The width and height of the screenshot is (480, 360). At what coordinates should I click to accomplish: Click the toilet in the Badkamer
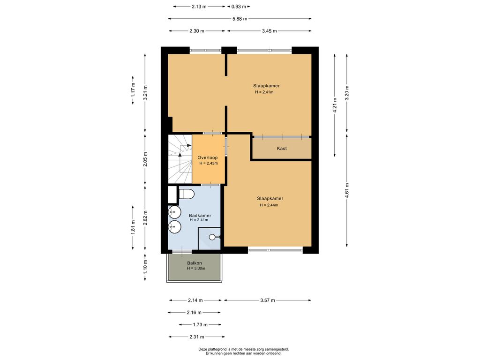click(x=187, y=194)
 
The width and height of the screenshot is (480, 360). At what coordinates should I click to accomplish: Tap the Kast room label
click(x=282, y=149)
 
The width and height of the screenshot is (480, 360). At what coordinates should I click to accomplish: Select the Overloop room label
click(x=208, y=157)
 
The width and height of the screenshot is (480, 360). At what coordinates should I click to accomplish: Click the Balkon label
click(x=195, y=263)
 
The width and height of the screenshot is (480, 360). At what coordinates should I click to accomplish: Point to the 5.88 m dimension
click(x=240, y=19)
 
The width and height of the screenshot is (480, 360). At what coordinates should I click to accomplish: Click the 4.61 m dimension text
click(x=347, y=190)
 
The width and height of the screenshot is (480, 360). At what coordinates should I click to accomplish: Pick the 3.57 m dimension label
click(x=268, y=300)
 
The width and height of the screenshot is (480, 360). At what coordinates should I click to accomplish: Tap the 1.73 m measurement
click(x=200, y=325)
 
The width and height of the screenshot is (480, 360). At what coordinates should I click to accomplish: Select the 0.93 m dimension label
click(x=239, y=7)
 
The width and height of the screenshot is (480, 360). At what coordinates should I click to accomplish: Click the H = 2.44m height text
click(x=269, y=205)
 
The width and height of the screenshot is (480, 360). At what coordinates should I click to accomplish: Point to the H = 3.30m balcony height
click(x=196, y=269)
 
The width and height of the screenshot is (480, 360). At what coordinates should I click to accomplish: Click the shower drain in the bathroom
click(x=212, y=237)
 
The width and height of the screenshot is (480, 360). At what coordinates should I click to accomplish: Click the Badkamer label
click(x=200, y=216)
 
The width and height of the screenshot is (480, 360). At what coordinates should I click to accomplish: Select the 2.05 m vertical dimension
click(x=145, y=159)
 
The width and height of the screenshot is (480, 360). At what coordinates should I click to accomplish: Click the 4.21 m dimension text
click(x=335, y=105)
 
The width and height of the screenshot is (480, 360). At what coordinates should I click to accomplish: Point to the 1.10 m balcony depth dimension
click(x=145, y=267)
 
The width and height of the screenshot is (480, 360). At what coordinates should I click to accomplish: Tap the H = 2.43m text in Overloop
click(x=209, y=163)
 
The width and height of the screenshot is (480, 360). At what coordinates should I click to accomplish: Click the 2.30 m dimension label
click(x=196, y=31)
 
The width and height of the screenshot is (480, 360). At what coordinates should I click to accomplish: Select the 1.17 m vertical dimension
click(x=133, y=90)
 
